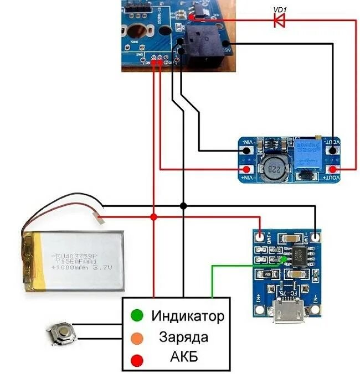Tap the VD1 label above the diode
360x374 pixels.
pos(279,9)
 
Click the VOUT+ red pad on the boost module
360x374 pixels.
pos(333,169)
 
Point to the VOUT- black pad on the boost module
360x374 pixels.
pos(333,149)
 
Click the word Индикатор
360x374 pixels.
pos(188,316)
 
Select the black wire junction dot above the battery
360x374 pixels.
pos(183,206)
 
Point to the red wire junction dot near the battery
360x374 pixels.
pos(153,216)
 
